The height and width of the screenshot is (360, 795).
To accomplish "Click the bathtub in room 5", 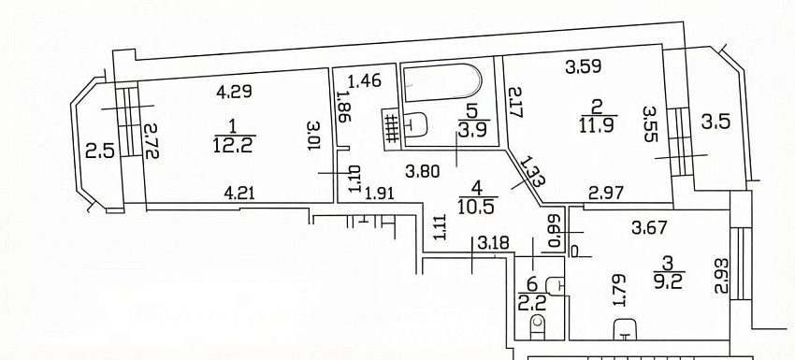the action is [x=441, y=81].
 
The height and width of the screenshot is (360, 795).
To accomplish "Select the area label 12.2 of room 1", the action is [x=234, y=145].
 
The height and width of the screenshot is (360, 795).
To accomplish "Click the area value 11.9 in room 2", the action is [x=598, y=123].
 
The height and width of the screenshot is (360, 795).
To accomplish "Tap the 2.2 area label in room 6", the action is [x=531, y=304].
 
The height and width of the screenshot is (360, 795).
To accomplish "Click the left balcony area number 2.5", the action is [x=98, y=151].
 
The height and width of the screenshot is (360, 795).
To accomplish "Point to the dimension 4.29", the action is [x=234, y=92].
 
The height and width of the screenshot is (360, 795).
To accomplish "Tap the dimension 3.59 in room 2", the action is [x=584, y=66].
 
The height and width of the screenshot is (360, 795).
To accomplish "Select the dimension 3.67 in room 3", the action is [x=651, y=229].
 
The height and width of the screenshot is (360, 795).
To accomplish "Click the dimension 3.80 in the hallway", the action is [x=424, y=172].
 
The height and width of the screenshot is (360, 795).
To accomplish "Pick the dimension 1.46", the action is [x=364, y=81].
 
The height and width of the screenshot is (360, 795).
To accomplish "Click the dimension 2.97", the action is [x=606, y=193].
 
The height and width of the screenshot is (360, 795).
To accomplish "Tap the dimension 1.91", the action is [x=380, y=193].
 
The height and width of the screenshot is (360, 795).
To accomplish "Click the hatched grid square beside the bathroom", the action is [x=391, y=129].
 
